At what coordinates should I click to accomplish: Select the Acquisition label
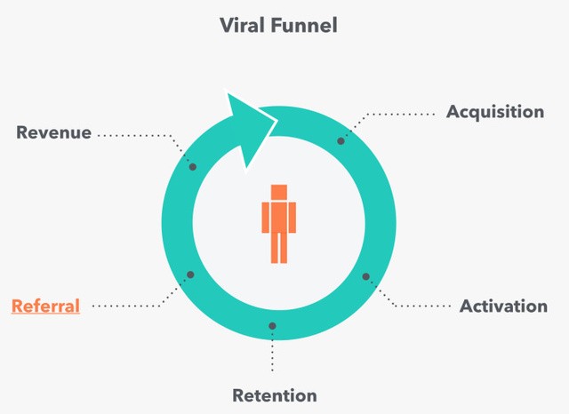point(494,112)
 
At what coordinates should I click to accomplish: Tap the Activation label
point(503,307)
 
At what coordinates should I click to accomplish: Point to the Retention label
point(274,395)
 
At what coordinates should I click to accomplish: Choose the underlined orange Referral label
point(45,307)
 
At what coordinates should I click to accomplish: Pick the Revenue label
point(53,132)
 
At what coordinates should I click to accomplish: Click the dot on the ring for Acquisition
point(341,140)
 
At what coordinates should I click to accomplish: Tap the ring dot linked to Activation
point(365,276)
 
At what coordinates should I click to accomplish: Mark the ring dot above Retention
point(273,326)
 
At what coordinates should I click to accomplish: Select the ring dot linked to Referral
point(188,275)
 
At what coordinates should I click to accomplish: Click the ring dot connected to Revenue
point(193,166)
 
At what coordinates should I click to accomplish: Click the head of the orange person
point(279,192)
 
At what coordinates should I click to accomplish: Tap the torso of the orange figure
point(279,217)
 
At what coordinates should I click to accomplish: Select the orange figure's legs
point(279,248)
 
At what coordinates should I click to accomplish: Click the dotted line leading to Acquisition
point(400,113)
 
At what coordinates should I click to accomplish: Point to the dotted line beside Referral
point(133,307)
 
